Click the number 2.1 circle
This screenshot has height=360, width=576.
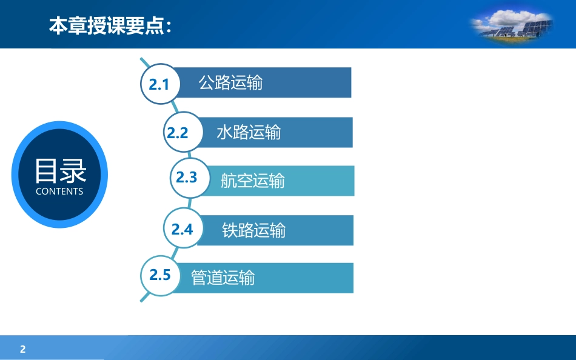coord(160,84)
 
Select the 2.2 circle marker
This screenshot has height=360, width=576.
coord(183,132)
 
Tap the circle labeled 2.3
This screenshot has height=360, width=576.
coord(190,178)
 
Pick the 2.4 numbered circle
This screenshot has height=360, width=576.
coord(183,228)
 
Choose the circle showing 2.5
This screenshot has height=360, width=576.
coord(160,276)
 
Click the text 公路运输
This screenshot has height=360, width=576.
coord(230,82)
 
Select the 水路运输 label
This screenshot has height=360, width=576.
coord(249,132)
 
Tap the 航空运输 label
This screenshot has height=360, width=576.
coord(253,181)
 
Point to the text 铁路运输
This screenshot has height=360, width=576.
coord(254,230)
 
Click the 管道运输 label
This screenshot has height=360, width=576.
coord(223,278)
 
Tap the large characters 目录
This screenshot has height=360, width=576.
coord(61,171)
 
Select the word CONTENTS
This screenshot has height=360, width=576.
coord(59,192)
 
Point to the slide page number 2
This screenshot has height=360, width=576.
coord(23,349)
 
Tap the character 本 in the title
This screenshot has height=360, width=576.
coord(58,25)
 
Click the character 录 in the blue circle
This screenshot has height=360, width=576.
coord(74,171)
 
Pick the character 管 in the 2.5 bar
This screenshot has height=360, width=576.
coord(199,278)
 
